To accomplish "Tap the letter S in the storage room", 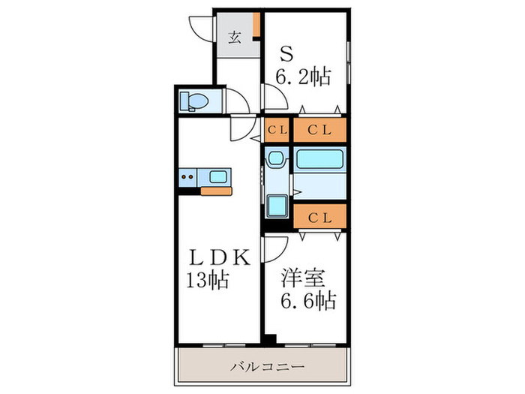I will (x=286, y=54).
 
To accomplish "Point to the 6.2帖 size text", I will (x=304, y=77).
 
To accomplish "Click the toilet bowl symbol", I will (x=196, y=100).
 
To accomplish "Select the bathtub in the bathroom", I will (x=319, y=158).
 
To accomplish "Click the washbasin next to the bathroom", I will (x=276, y=159).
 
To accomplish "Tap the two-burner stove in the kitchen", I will (x=188, y=178).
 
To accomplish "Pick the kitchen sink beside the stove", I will (x=219, y=178).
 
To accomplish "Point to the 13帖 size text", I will (x=208, y=282).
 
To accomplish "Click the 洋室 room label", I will (x=304, y=278).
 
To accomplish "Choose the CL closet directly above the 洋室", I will (x=320, y=218).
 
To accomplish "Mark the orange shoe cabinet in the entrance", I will (x=256, y=25).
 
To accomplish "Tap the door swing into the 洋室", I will (x=275, y=248).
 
